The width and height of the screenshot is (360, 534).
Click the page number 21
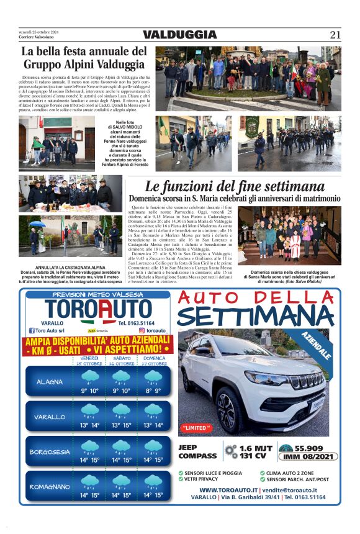335,35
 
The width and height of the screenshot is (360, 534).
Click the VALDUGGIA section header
179,35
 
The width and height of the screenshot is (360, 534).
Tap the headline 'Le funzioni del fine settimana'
235,186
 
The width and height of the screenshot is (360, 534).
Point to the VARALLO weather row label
50,417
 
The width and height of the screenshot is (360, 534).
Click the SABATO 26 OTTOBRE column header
122,361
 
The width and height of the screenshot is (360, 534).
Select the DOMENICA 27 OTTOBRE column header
154,361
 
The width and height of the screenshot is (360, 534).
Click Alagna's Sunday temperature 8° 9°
153,391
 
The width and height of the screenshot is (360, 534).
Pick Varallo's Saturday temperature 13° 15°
122,425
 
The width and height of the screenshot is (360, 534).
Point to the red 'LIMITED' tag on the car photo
197,428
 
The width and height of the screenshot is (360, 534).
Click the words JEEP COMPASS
197,451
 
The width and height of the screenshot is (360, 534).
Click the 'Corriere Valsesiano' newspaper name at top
39,38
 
